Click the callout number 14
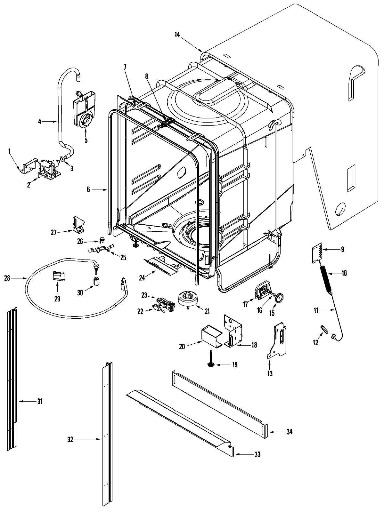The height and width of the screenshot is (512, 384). pos(177,35)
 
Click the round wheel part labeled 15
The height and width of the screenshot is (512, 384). pos(279,298)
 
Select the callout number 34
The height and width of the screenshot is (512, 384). pos(289,432)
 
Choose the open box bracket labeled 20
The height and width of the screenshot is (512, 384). pos(211,335)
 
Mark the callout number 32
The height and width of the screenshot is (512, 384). pos(70,440)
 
